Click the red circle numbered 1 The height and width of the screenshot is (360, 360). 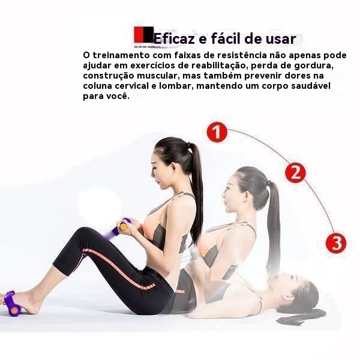tap(217, 132)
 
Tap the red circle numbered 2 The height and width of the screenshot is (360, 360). tap(295, 173)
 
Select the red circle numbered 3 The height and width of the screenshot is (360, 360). tap(337, 243)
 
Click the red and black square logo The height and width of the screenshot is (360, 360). tap(144, 35)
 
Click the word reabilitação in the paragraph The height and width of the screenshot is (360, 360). tap(220, 66)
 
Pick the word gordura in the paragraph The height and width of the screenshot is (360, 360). tap(314, 65)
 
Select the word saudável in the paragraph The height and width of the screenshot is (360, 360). tap(311, 86)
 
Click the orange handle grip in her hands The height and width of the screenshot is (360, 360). tap(123, 227)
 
